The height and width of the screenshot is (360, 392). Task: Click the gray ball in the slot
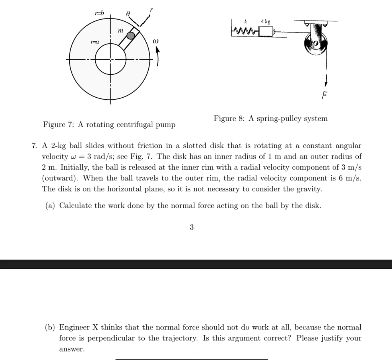click(131, 36)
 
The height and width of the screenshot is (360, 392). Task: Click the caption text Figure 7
click(109, 125)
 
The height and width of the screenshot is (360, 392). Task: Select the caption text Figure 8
click(270, 118)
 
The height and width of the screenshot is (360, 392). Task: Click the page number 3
click(191, 227)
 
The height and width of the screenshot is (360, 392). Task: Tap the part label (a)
click(51, 206)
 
